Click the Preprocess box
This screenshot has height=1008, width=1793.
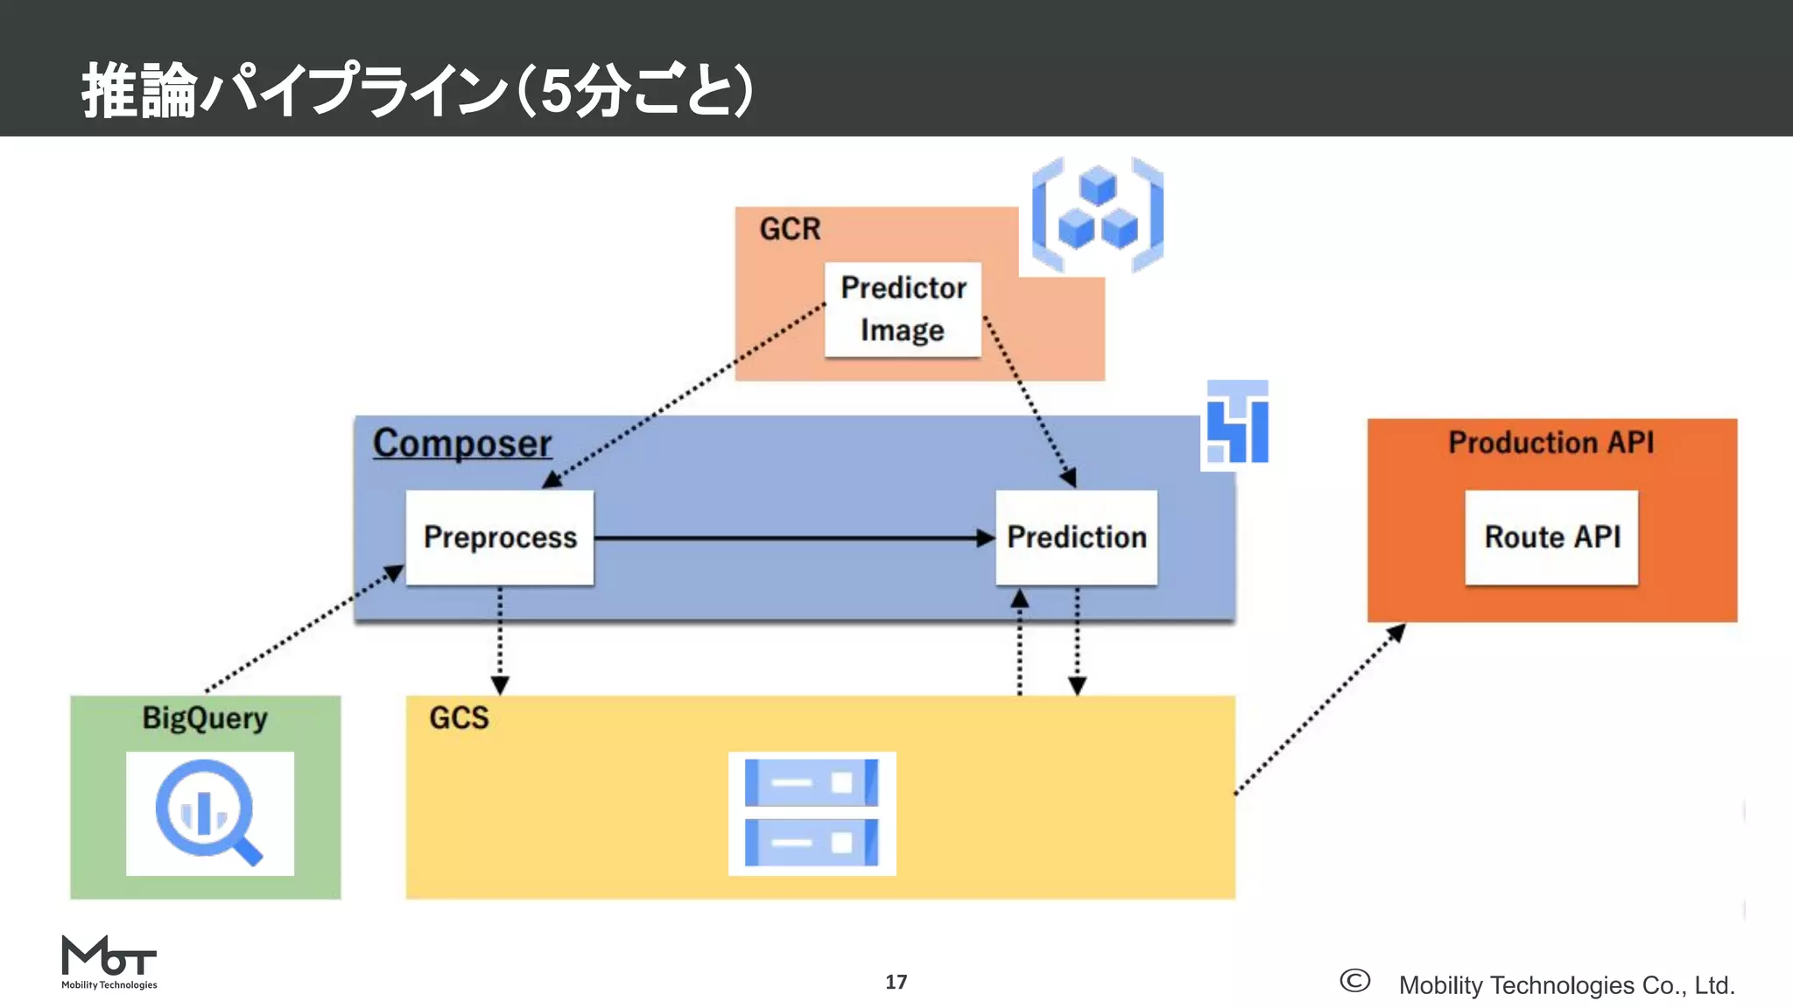pos(500,537)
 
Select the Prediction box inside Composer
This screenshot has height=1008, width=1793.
pos(1076,537)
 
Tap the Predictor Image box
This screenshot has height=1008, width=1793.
pos(903,310)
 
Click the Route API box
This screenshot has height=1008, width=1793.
pos(1551,537)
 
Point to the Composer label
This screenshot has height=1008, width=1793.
pos(462,443)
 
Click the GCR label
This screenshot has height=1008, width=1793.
pos(790,229)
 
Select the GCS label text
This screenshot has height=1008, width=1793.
pos(459,717)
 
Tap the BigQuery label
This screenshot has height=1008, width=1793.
pos(205,717)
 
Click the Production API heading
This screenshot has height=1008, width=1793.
pos(1550,443)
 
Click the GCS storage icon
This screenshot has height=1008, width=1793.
pos(812,814)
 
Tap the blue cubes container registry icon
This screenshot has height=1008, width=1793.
pos(1098,215)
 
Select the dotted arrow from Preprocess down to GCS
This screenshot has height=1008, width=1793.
pos(500,639)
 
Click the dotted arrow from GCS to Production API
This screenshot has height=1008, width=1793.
pos(1320,709)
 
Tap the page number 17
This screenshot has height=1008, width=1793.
pos(896,982)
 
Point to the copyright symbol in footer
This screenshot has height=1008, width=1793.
pos(1354,981)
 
